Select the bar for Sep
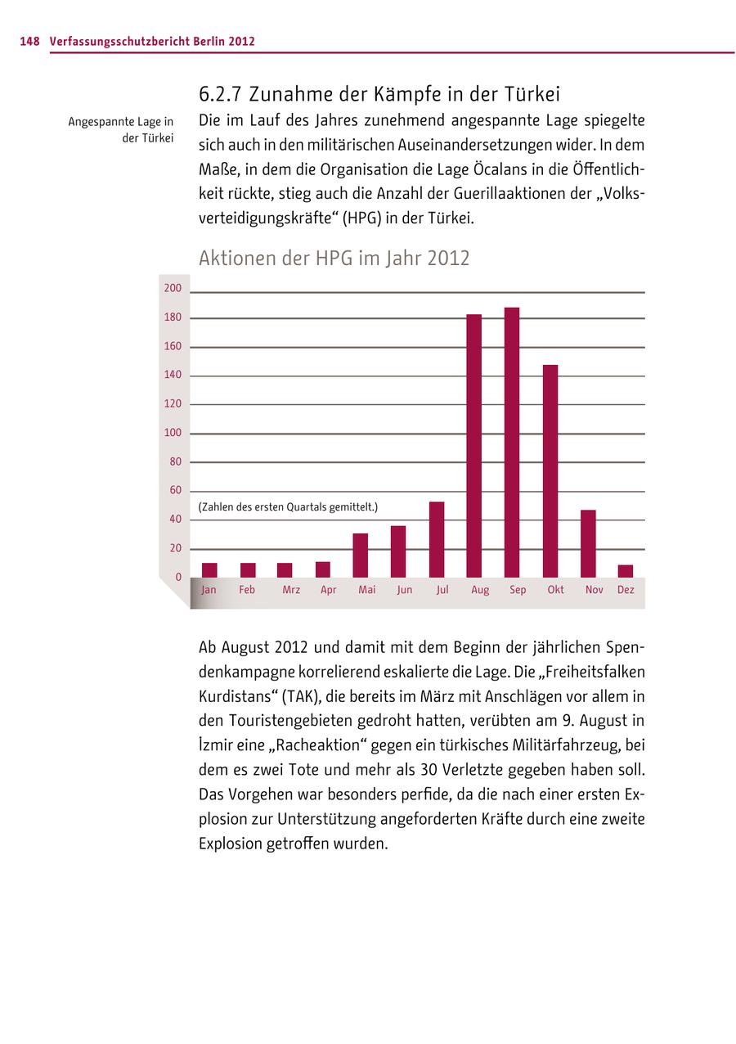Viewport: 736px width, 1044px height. click(512, 443)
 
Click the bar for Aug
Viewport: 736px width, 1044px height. click(474, 446)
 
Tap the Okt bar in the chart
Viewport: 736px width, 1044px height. click(550, 471)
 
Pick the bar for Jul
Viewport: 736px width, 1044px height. click(437, 539)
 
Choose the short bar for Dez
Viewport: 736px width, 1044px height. click(626, 571)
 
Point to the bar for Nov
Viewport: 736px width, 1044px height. click(588, 543)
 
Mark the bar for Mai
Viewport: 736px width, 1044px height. click(361, 556)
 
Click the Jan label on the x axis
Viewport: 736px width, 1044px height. click(209, 590)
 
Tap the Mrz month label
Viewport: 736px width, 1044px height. click(290, 590)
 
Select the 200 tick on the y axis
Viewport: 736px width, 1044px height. click(173, 289)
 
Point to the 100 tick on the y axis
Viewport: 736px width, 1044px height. click(173, 433)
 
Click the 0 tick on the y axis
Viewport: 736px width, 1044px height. click(178, 578)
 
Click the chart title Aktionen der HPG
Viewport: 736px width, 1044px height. click(334, 259)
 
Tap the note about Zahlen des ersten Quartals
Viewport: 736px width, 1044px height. click(288, 507)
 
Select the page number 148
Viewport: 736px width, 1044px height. click(29, 42)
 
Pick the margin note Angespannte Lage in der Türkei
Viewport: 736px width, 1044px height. click(121, 130)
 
